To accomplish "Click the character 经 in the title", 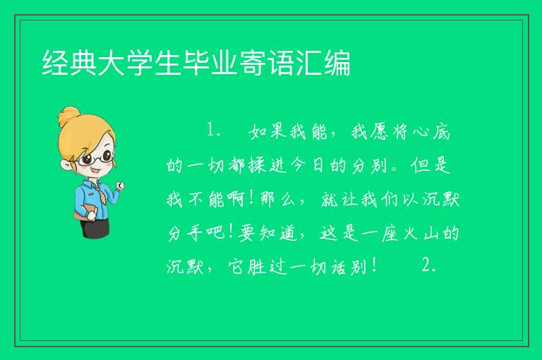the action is tap(55, 63).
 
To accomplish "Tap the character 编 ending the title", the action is tap(338, 63).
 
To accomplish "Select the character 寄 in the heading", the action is tap(253, 63).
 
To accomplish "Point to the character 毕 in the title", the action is tap(196, 63).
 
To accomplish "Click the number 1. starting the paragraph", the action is tap(214, 130).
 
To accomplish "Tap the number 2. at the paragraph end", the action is tap(429, 266).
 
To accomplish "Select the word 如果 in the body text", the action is tap(268, 131).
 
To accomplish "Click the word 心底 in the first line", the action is tap(430, 131).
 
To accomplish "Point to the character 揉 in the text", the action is tap(257, 165).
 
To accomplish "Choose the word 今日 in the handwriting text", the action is tap(308, 165).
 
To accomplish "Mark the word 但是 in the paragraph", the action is tap(430, 165).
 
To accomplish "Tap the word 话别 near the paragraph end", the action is tap(349, 267).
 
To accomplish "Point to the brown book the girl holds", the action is tap(84, 212).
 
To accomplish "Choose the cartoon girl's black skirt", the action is tap(95, 228).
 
